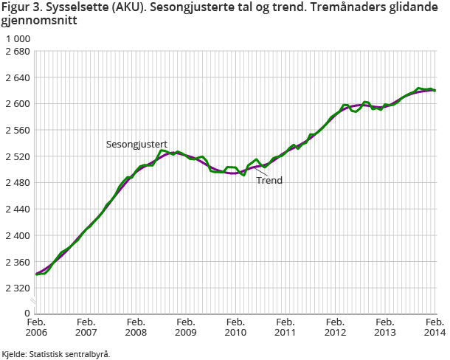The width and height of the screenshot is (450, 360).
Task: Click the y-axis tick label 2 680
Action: point(17,52)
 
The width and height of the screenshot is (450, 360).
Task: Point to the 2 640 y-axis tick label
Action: point(17,78)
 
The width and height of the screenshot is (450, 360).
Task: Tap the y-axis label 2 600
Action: point(17,104)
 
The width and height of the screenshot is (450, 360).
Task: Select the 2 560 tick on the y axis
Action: point(17,131)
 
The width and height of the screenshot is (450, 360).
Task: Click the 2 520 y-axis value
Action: point(17,157)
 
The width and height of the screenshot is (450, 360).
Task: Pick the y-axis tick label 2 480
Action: point(17,183)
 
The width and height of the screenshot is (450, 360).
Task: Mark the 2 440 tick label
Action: point(17,210)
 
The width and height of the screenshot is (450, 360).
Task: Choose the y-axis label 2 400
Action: point(17,235)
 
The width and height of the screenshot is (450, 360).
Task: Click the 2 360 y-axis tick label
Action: point(17,262)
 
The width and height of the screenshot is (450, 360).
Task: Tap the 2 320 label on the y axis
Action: point(17,288)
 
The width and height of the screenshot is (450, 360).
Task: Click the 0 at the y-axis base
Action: point(27,314)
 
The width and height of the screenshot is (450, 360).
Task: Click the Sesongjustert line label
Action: point(137,143)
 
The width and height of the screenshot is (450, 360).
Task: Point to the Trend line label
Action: point(269,180)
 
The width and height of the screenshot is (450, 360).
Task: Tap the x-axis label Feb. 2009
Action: point(185,328)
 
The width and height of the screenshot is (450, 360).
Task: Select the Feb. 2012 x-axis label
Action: point(335,328)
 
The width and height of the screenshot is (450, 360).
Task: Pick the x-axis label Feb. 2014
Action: point(434,328)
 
